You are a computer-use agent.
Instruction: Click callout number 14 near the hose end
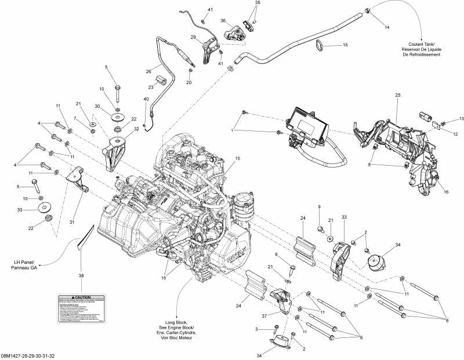click(x=387, y=27)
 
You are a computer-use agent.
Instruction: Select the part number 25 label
click(x=398, y=94)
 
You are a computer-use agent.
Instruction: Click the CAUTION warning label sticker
click(x=81, y=309)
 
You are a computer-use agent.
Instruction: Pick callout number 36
click(x=223, y=21)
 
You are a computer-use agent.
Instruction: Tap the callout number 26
click(x=148, y=72)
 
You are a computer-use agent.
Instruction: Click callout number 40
click(x=146, y=99)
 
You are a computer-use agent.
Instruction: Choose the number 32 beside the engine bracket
click(x=136, y=129)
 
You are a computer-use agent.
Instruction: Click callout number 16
click(x=447, y=191)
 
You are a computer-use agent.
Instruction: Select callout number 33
click(x=344, y=217)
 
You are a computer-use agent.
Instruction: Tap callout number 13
click(x=462, y=118)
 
